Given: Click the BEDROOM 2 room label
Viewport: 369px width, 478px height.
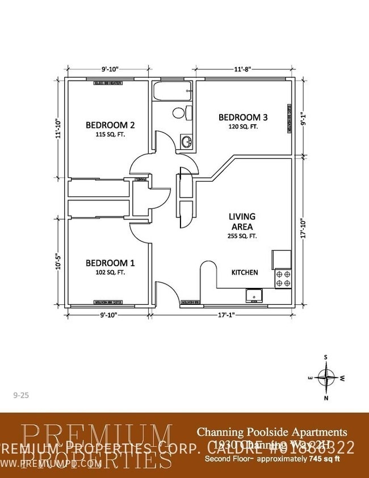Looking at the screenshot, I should (110, 125).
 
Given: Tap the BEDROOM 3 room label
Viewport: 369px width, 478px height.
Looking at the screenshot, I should (243, 118).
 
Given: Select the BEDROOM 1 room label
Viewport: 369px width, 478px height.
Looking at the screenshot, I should (110, 263).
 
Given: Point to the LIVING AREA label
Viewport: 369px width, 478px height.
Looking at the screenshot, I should (242, 221).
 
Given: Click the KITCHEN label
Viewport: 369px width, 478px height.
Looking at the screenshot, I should (244, 272).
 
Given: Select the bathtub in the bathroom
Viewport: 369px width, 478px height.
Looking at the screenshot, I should (173, 91).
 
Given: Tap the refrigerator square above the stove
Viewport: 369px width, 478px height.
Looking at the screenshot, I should (282, 259).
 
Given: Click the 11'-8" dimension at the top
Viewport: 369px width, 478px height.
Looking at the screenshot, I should (243, 70).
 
